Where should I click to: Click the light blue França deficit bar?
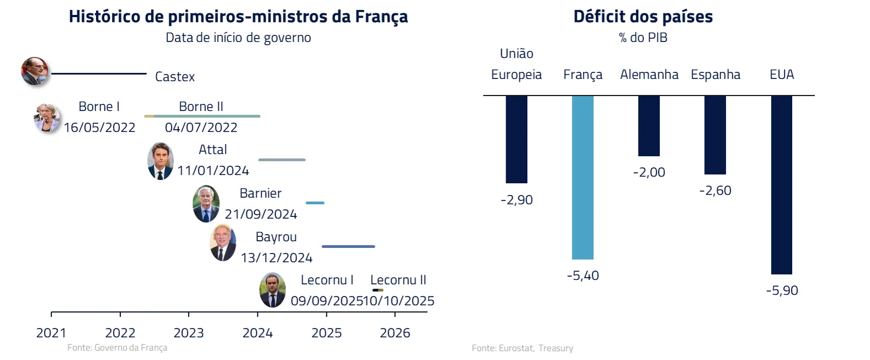pyautogui.click(x=583, y=177)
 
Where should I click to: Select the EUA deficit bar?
pyautogui.click(x=782, y=184)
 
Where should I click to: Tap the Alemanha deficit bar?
pyautogui.click(x=649, y=126)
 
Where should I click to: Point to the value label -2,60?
pyautogui.click(x=715, y=190)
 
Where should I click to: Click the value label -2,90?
pyautogui.click(x=517, y=200)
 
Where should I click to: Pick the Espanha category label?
pyautogui.click(x=715, y=75)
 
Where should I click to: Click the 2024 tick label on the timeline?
pyautogui.click(x=258, y=333)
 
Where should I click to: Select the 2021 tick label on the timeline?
pyautogui.click(x=51, y=333)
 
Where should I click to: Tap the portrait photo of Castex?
pyautogui.click(x=35, y=71)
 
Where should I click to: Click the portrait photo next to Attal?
pyautogui.click(x=161, y=161)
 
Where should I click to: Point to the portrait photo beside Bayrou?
pyautogui.click(x=223, y=243)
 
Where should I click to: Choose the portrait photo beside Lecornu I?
pyautogui.click(x=273, y=290)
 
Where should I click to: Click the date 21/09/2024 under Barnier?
pyautogui.click(x=261, y=214)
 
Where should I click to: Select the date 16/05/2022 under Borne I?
pyautogui.click(x=99, y=128)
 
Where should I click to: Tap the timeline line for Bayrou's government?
pyautogui.click(x=348, y=246)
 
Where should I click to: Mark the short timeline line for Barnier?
pyautogui.click(x=315, y=203)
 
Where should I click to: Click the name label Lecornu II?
pyautogui.click(x=398, y=280)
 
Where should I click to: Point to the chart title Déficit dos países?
pyautogui.click(x=643, y=17)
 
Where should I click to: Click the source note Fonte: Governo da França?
pyautogui.click(x=117, y=347)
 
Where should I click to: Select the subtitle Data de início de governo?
pyautogui.click(x=238, y=38)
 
